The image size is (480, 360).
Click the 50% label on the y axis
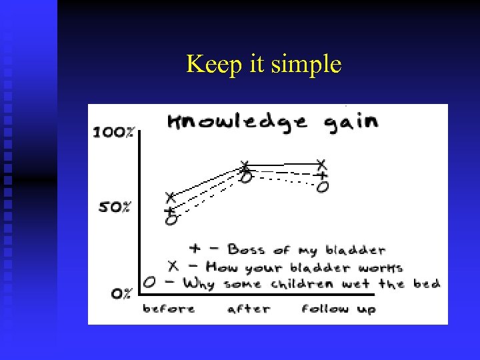point(115,207)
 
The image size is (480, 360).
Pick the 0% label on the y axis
point(121,293)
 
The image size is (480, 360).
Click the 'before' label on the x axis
point(169,309)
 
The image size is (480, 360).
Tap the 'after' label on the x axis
point(248,309)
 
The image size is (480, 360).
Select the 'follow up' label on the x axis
point(338,309)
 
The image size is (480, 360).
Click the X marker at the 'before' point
point(170,197)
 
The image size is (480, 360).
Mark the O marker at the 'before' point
point(171,219)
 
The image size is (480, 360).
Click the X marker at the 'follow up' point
point(321,163)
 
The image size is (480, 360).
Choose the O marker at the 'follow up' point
point(323,187)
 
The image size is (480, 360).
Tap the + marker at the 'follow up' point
point(322,175)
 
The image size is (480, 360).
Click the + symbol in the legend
point(195,249)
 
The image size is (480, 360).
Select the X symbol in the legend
point(173,266)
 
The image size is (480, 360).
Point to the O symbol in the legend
point(149,283)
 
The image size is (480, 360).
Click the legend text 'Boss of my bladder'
point(307,250)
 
